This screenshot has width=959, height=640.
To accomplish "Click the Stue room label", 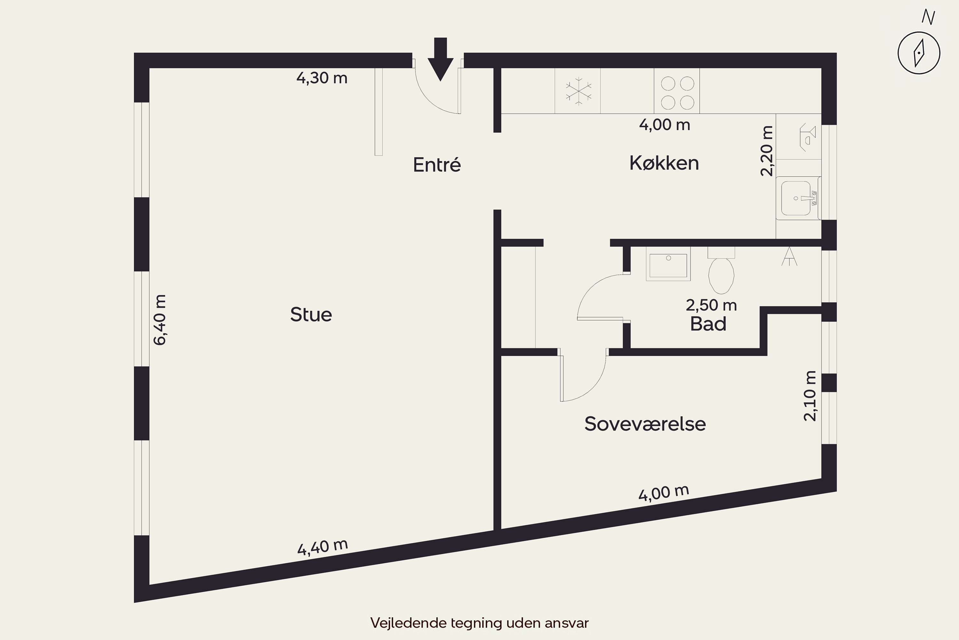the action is pos(311,314).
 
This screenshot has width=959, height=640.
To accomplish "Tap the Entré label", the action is pos(437,164).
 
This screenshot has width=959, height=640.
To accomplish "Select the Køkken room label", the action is pos(664,163).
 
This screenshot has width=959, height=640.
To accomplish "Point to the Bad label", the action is pos(708,324).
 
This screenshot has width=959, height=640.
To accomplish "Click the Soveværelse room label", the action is pos(645,424).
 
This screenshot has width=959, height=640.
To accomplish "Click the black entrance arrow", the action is pos(441,59).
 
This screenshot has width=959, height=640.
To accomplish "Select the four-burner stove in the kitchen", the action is pos(677,91).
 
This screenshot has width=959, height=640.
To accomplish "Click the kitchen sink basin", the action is pos(796,198).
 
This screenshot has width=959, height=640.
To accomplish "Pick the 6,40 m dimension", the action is pos(160,320).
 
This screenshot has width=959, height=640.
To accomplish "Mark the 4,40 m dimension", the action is pos(323,547).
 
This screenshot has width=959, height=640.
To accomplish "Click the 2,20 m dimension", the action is pos(767,151).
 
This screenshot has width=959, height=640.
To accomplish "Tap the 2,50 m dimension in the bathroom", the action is pos(711,305).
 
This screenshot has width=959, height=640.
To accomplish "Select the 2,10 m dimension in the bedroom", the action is pos(810,396).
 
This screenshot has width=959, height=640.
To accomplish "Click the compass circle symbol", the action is pos(919,53).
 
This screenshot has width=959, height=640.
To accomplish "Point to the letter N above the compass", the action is pos(928,17).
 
